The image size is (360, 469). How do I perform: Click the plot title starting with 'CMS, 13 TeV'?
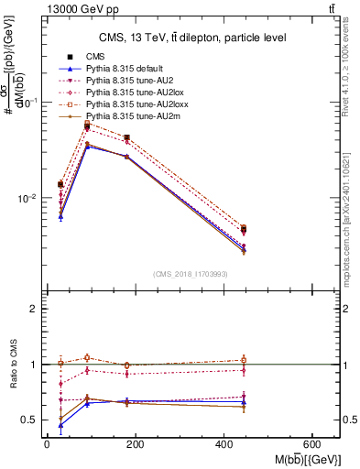(x=193, y=38)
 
